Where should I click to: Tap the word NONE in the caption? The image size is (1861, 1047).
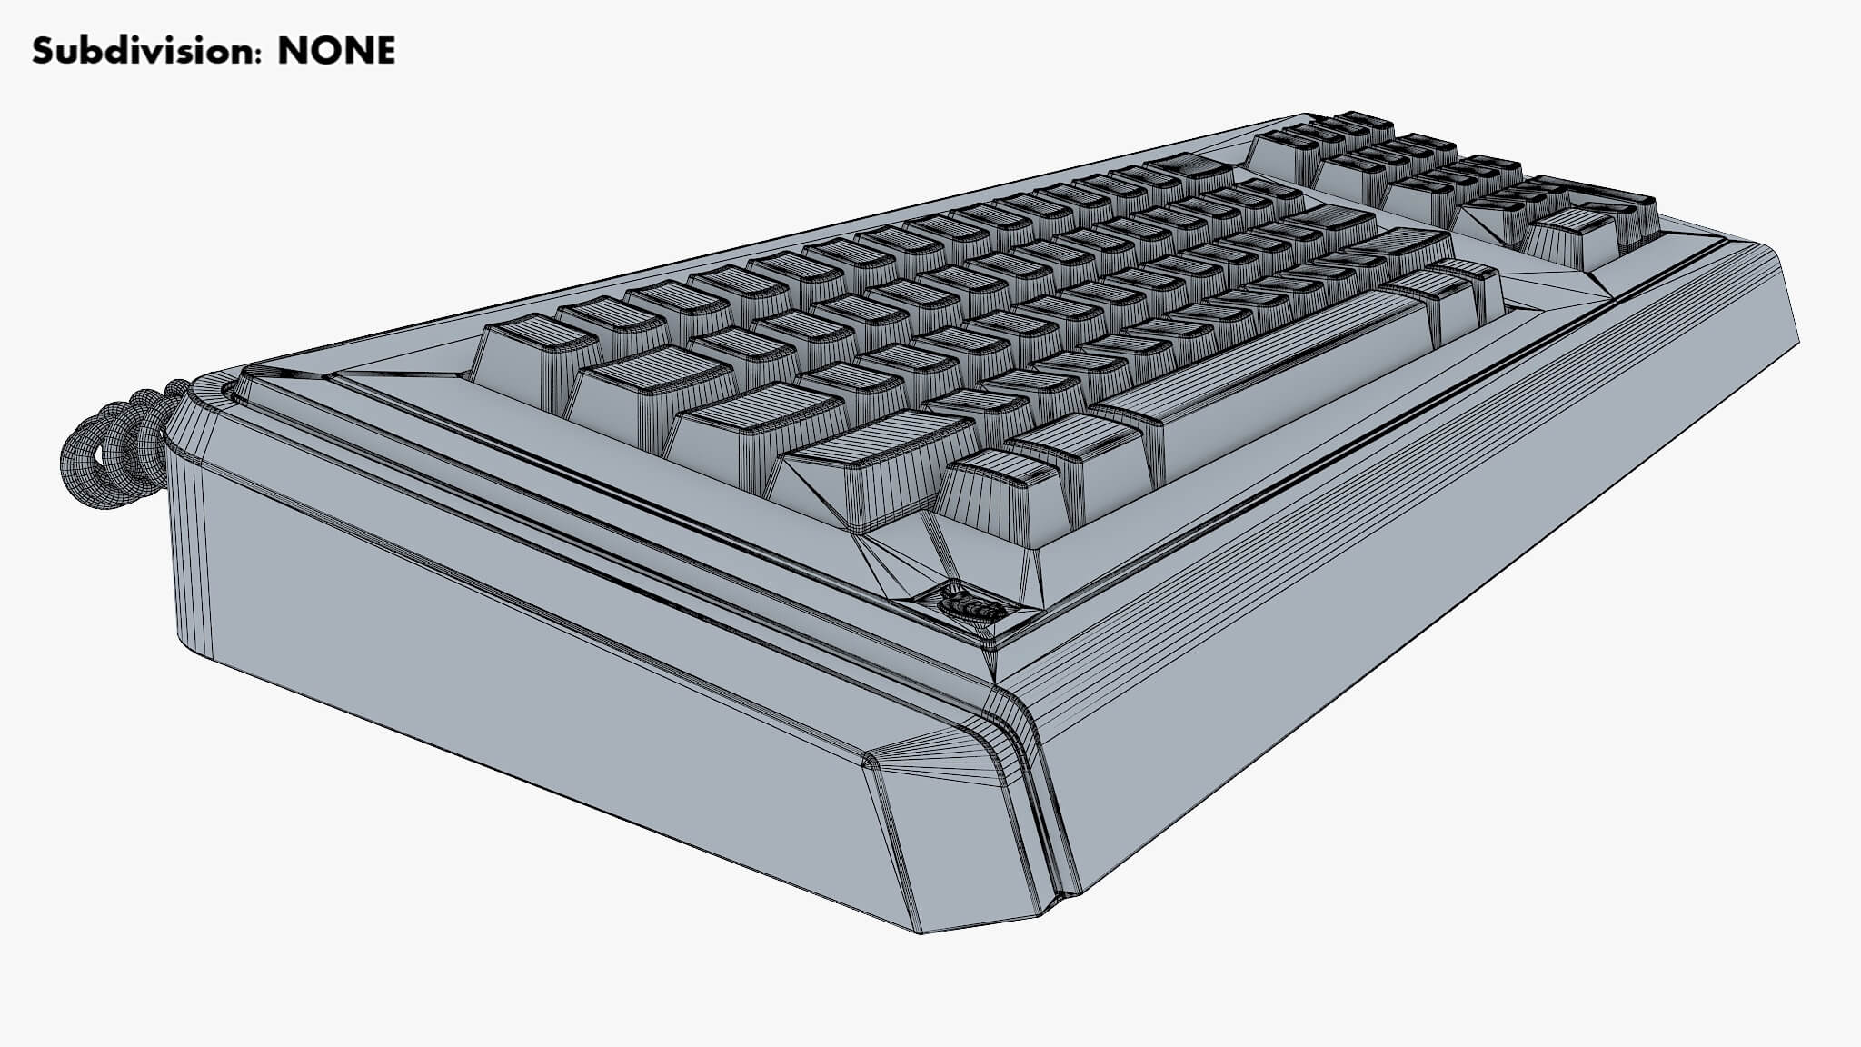(336, 51)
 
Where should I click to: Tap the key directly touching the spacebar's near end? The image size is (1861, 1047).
(1077, 454)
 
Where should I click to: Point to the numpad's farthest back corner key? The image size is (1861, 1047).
(1363, 122)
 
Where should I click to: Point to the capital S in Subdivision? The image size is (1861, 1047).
(43, 51)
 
